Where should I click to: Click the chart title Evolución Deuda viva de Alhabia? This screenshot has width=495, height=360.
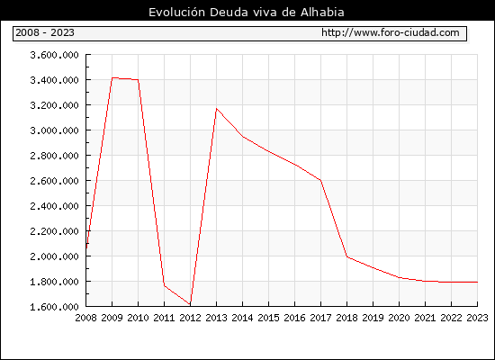click(x=247, y=13)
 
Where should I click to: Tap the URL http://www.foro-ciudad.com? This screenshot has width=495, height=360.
click(x=391, y=32)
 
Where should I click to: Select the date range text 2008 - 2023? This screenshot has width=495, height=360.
click(x=45, y=32)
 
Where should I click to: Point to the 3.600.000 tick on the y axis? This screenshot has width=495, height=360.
click(x=54, y=55)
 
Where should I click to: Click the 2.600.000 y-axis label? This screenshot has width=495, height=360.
click(x=54, y=181)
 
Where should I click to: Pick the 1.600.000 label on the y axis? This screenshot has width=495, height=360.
click(x=54, y=307)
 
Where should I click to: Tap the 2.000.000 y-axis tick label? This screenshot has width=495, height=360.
click(x=54, y=256)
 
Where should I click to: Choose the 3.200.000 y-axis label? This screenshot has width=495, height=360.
click(x=54, y=105)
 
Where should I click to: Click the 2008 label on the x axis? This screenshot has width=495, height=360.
click(x=85, y=318)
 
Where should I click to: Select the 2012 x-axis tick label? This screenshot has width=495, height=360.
click(x=191, y=318)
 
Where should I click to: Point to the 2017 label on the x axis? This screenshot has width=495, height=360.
click(x=320, y=318)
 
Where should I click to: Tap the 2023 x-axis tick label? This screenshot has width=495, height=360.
click(x=477, y=318)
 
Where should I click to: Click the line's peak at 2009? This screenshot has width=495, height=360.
click(x=112, y=77)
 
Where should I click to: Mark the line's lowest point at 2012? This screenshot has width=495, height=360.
click(x=191, y=304)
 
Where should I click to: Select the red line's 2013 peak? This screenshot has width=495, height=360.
click(x=216, y=109)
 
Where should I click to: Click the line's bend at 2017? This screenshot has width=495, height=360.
click(x=320, y=180)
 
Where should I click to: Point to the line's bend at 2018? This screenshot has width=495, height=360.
click(x=346, y=256)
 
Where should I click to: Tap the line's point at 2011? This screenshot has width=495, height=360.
click(x=164, y=285)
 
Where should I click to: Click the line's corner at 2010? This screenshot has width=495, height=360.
click(x=139, y=79)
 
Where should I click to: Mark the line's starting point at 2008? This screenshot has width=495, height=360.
click(x=86, y=248)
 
